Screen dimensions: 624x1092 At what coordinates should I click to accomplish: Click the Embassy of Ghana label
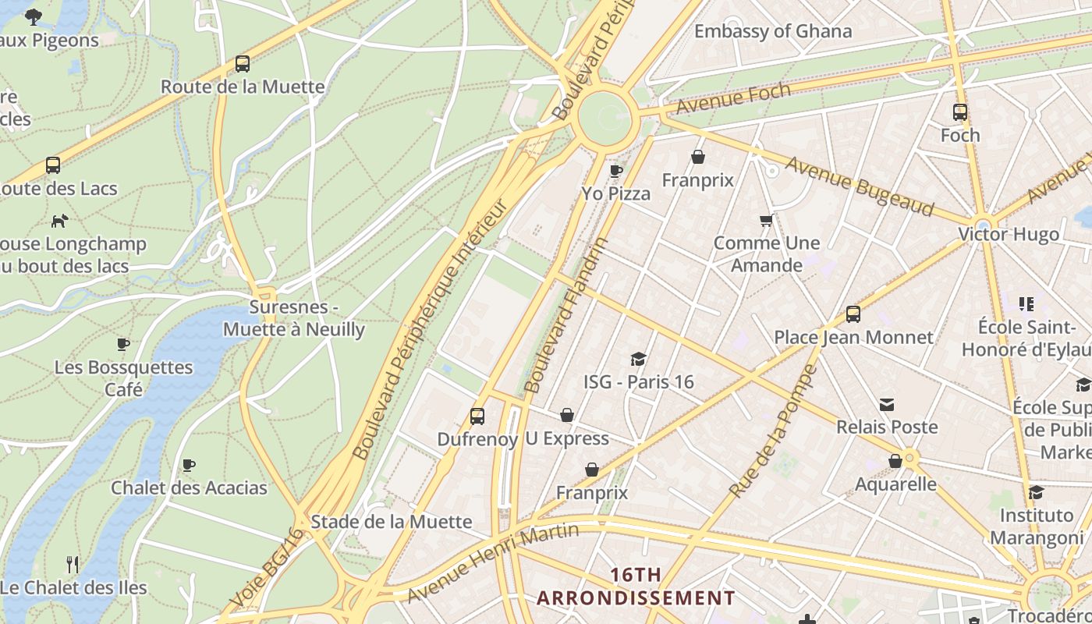click(773, 31)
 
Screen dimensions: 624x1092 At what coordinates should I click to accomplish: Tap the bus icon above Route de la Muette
click(243, 64)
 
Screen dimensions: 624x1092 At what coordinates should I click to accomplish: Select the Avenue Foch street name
click(733, 97)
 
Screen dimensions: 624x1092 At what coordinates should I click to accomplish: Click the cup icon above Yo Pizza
click(616, 171)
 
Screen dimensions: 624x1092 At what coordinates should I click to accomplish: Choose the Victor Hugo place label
click(1009, 234)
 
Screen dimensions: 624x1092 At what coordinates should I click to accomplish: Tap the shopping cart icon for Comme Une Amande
click(767, 221)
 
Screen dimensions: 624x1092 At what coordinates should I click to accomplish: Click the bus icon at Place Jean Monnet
click(853, 314)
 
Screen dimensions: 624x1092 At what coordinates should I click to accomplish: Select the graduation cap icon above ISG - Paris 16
click(639, 359)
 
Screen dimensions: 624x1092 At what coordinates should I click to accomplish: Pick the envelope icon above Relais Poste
click(887, 404)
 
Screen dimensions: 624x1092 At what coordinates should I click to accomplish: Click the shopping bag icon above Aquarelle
click(895, 461)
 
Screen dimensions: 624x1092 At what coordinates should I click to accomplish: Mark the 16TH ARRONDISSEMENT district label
click(636, 587)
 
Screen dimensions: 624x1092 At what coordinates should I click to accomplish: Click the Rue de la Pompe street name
click(773, 431)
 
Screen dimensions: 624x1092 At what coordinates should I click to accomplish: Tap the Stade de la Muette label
click(392, 522)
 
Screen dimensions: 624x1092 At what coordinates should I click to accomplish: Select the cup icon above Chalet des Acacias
click(189, 466)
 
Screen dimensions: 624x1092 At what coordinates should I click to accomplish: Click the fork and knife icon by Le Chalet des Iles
click(73, 564)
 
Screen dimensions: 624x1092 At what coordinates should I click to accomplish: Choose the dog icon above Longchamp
click(59, 221)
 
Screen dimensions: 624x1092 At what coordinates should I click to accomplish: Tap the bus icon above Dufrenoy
click(477, 417)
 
